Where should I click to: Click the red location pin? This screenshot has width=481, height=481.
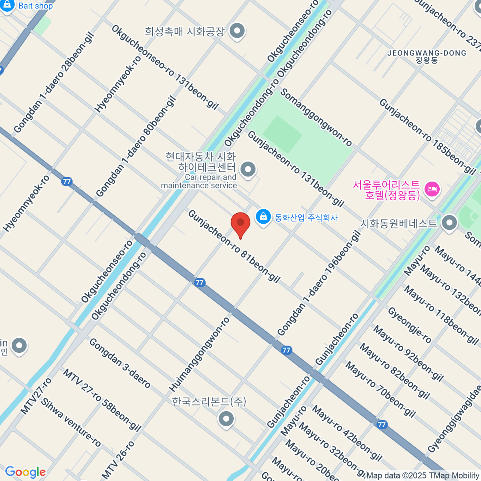click(240, 224)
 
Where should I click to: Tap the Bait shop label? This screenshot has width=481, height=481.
click(35, 6)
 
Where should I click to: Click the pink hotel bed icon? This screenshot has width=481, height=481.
click(432, 189)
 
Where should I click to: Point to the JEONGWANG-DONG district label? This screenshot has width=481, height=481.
click(427, 53)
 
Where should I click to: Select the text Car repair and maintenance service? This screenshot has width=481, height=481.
click(199, 181)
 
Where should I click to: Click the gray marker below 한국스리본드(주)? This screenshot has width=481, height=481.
click(226, 419)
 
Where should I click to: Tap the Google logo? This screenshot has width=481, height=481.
click(25, 472)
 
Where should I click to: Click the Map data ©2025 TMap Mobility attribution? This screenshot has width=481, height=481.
click(422, 476)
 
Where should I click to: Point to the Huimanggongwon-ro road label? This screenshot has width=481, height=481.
click(199, 354)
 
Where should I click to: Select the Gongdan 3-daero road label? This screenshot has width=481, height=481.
click(119, 363)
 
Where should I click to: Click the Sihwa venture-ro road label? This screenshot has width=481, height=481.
click(71, 422)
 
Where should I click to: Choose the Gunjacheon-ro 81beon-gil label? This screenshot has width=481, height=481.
click(234, 246)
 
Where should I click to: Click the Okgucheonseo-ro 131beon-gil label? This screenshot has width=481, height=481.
click(165, 67)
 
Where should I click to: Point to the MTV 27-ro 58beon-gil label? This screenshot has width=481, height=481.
click(102, 400)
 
